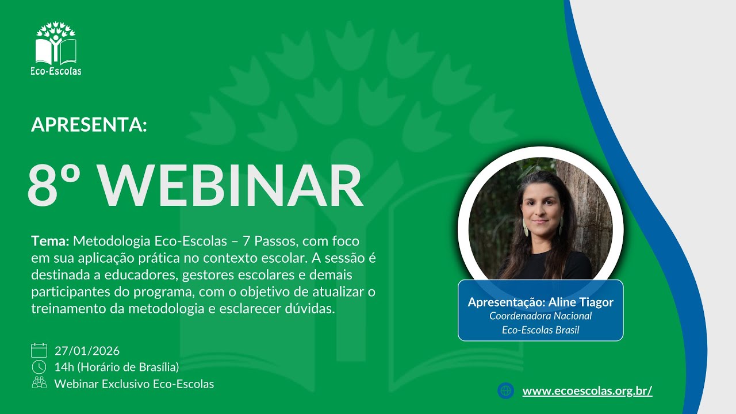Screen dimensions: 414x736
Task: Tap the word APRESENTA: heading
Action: (89, 125)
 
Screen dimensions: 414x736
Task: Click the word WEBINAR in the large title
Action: (231, 186)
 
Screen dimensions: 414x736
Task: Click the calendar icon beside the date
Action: (39, 350)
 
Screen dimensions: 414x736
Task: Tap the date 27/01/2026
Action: (87, 351)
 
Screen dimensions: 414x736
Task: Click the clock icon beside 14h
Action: (39, 367)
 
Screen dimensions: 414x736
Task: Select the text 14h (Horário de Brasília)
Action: (117, 367)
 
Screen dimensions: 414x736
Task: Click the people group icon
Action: (39, 383)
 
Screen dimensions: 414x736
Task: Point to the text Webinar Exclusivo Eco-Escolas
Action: (134, 384)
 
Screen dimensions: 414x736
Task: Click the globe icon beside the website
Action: (506, 391)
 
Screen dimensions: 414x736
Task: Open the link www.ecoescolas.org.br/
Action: (587, 391)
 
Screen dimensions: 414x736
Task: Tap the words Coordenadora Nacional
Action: (540, 316)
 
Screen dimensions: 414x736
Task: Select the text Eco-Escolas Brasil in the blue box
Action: (540, 330)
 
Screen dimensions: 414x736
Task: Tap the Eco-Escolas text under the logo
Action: (56, 71)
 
